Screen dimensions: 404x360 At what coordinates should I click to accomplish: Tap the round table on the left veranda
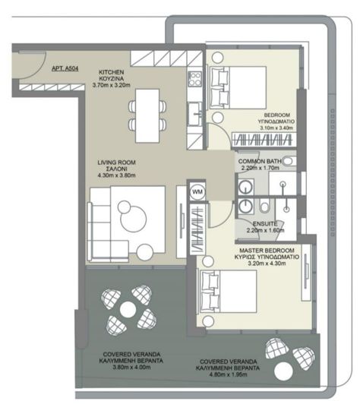(128, 309)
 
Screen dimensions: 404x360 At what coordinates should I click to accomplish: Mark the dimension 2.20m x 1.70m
(261, 170)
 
